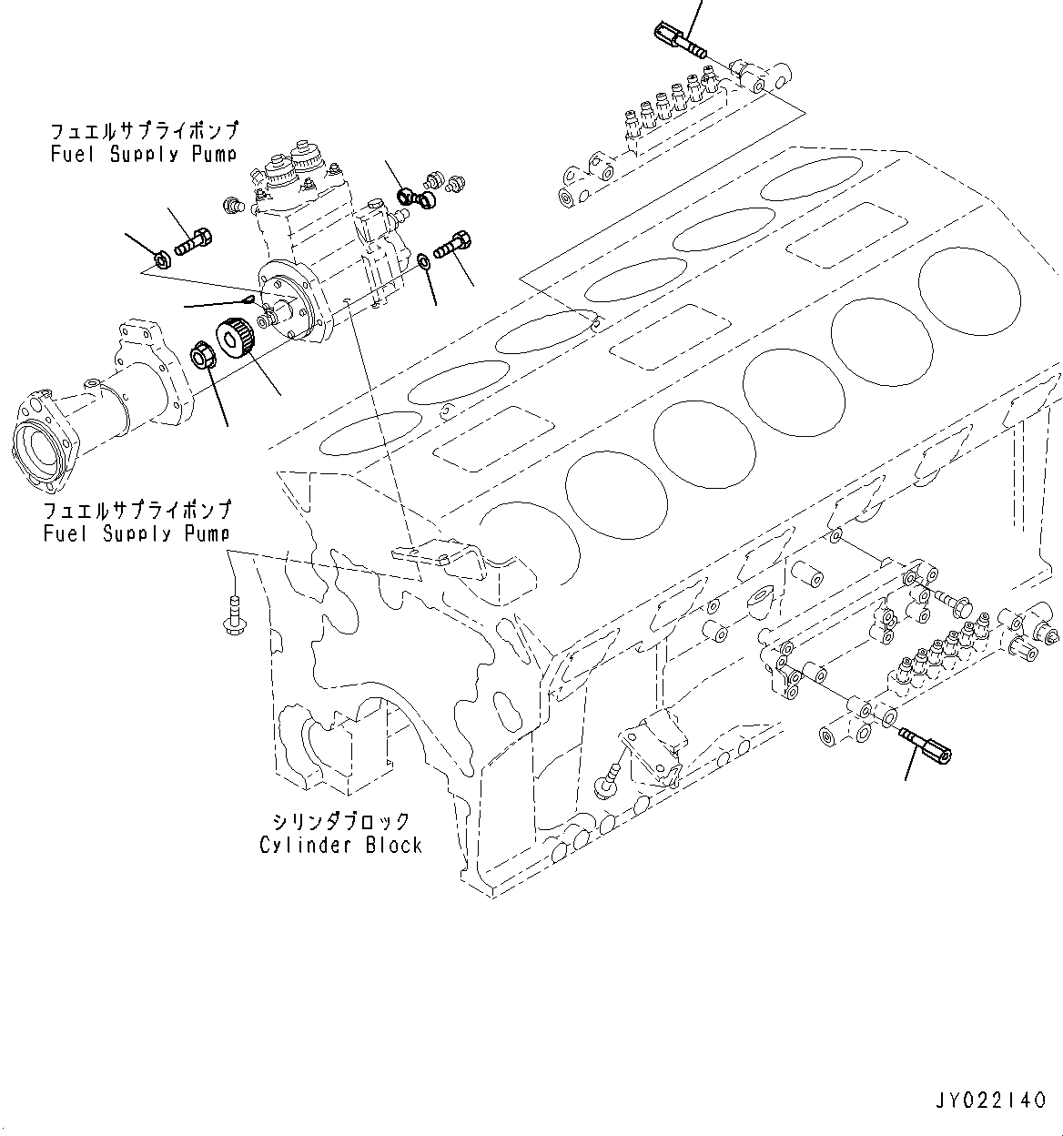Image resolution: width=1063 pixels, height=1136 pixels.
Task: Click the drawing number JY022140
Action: point(989,1101)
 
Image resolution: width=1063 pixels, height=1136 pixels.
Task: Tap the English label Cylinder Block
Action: point(340,846)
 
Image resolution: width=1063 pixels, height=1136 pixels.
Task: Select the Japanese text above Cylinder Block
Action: point(340,822)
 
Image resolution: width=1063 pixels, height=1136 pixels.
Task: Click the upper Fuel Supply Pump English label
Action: point(143,154)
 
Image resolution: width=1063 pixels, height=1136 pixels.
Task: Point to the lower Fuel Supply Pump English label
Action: point(136,533)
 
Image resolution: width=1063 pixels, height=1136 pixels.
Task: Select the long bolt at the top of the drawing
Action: point(678,41)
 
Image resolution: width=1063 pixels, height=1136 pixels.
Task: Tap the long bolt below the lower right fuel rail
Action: point(926,745)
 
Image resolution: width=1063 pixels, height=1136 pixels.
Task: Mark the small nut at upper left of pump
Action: point(162,260)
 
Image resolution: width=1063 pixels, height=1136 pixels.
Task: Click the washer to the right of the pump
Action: point(424,263)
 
